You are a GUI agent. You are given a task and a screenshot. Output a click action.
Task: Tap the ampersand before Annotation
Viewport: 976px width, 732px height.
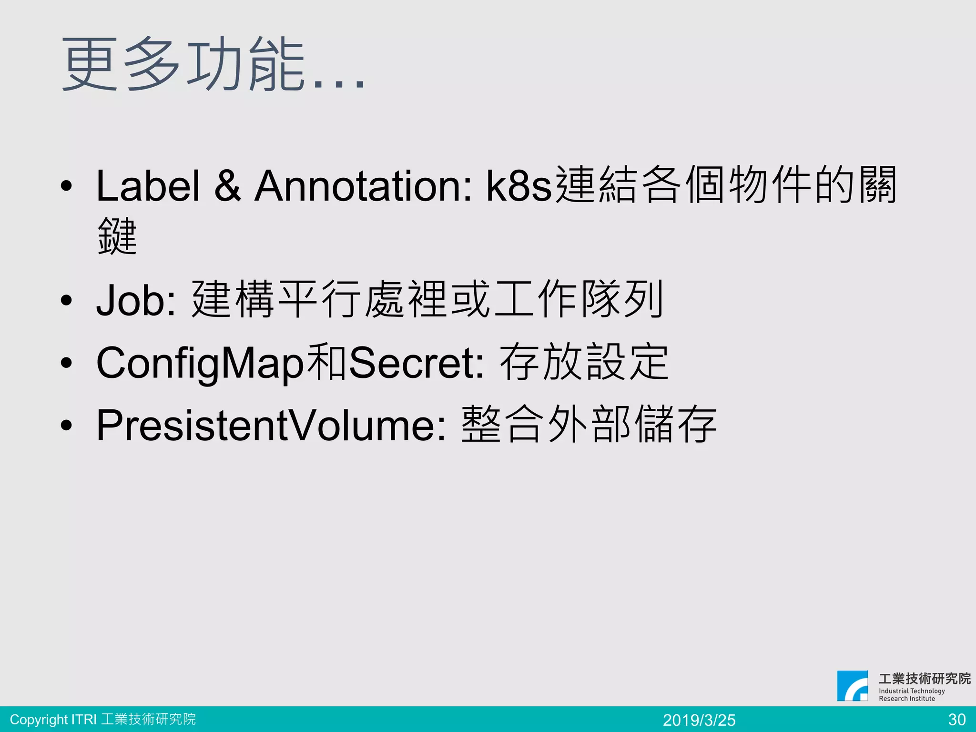227,186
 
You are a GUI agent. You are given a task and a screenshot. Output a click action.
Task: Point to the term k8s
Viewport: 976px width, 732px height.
518,186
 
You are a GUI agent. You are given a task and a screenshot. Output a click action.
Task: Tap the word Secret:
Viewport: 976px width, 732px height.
417,363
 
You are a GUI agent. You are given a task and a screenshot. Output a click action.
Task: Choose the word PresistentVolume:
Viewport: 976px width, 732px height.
271,425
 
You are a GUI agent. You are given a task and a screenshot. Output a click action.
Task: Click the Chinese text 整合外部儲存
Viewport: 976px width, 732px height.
589,425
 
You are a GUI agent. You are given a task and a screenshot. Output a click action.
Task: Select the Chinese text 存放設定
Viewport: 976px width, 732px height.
584,363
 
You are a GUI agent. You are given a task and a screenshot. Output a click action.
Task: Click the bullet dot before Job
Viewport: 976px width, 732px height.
66,301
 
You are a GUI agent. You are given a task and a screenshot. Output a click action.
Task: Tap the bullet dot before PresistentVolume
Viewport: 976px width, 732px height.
66,425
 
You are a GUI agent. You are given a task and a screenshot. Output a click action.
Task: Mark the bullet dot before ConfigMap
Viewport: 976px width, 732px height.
66,363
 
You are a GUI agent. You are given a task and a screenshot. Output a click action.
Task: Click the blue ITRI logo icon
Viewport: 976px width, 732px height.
853,686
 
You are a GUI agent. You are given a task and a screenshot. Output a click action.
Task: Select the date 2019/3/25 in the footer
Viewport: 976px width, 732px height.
699,720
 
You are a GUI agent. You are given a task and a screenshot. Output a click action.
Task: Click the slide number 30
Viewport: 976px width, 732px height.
957,720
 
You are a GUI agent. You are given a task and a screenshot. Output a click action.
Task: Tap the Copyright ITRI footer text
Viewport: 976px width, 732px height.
103,719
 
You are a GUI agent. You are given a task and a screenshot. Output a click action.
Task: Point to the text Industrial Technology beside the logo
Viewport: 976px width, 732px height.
912,691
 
